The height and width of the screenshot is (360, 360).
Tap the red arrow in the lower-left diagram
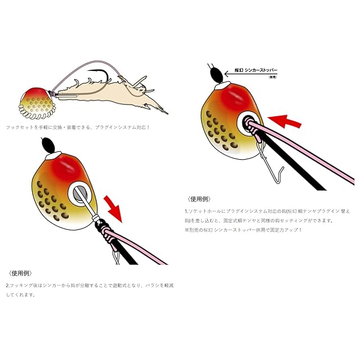point(114,206)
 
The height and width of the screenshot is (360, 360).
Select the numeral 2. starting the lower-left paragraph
point(7,285)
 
